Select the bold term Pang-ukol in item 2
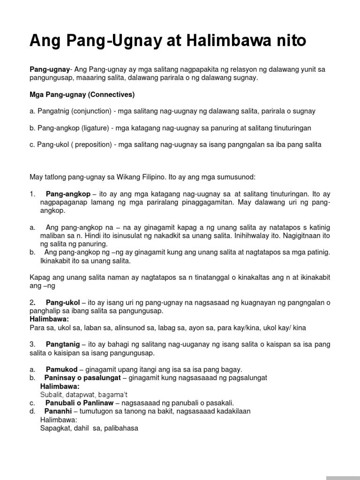(63, 302)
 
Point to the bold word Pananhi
(60, 411)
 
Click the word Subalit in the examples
(51, 395)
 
